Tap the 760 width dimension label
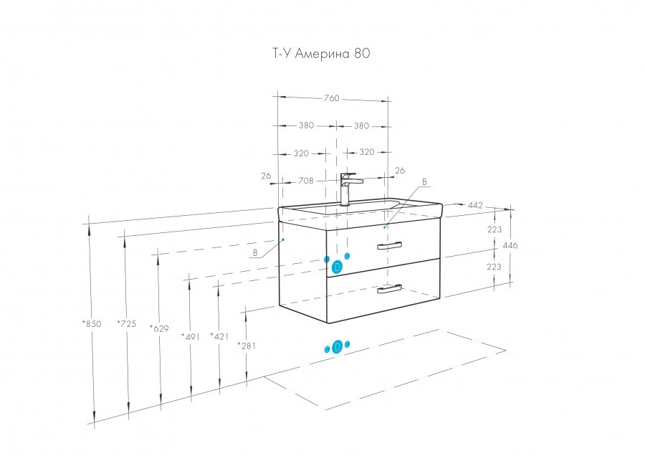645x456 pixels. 330,98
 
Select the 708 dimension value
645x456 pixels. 306,181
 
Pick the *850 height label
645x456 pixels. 91,323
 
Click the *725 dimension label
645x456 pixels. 126,323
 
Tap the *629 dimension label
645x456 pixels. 159,328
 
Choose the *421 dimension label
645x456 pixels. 219,336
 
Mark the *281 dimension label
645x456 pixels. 247,346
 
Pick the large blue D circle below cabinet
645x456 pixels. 336,348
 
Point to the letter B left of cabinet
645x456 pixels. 255,252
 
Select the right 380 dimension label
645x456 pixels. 361,125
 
